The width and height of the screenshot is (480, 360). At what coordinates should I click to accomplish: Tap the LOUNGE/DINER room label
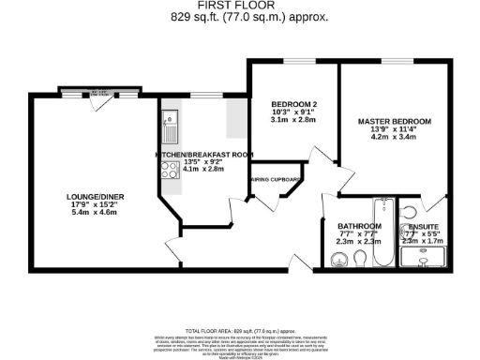click(x=92, y=196)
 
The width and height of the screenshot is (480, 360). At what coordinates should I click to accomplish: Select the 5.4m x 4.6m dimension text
click(x=92, y=214)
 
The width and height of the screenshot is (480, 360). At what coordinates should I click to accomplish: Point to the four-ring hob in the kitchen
click(x=171, y=169)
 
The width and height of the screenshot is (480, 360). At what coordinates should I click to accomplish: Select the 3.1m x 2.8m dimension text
click(x=291, y=120)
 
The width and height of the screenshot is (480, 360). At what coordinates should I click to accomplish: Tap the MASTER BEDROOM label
click(x=394, y=122)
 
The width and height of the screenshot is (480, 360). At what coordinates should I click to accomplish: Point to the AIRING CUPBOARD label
click(x=274, y=179)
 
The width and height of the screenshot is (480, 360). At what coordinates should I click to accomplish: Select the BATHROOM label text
click(x=359, y=227)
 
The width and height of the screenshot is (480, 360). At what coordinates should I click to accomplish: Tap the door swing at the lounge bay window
click(x=99, y=105)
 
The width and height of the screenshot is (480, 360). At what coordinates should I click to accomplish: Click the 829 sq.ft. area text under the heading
click(x=240, y=18)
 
